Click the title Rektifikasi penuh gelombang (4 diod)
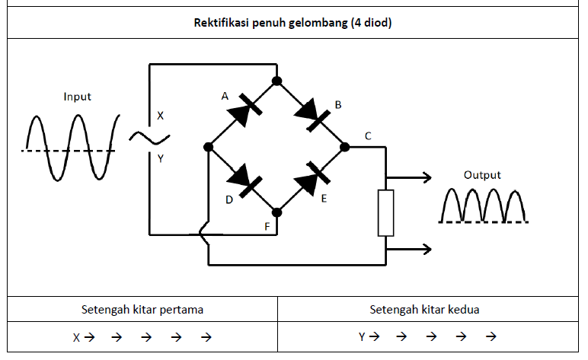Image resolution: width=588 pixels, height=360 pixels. coord(293,22)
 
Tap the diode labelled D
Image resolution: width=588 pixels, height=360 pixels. coord(242,180)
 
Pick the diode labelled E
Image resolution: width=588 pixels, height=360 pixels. coord(312,180)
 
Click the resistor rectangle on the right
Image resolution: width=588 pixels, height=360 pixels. coord(386,214)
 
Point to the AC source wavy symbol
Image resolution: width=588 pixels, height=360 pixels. coord(149,138)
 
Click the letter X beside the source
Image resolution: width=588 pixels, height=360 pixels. coord(160,116)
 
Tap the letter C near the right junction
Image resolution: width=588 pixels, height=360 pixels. coord(368,136)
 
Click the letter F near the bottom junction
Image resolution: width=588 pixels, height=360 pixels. coord(267,226)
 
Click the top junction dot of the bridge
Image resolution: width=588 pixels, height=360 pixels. coord(277,80)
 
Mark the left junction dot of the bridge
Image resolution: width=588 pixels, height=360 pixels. coord(208,147)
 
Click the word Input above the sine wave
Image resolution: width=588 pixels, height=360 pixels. coord(78,97)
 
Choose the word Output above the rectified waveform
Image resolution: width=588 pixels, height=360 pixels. coord(483,175)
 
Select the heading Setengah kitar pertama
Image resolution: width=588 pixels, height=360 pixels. coord(142,310)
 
